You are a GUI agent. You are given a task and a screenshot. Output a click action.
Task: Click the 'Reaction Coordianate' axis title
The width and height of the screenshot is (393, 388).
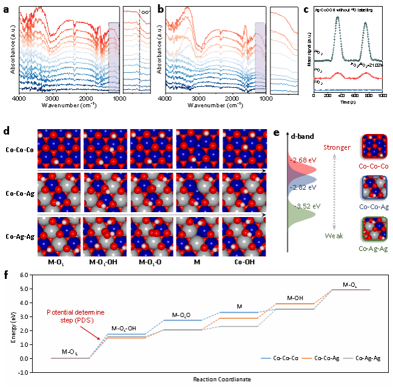[x=222, y=380]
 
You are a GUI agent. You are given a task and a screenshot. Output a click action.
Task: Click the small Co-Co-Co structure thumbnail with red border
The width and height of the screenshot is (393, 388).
[x=374, y=147]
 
